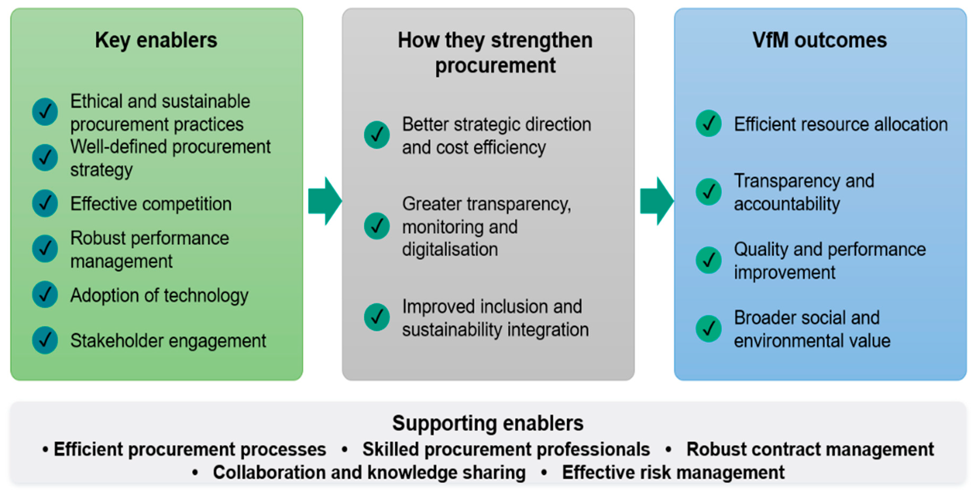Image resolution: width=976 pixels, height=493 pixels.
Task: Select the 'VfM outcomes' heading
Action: tap(820, 40)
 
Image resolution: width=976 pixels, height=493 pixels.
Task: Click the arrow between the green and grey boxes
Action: tap(325, 201)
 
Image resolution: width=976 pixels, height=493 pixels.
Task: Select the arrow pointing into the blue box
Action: tap(657, 201)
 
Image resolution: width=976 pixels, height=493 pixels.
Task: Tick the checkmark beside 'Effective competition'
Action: tap(45, 203)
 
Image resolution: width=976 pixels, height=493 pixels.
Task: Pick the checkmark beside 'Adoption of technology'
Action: tap(45, 294)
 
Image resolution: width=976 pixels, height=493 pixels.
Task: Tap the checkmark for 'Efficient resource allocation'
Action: tap(708, 124)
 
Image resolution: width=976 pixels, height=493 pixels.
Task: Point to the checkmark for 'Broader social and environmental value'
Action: tap(708, 329)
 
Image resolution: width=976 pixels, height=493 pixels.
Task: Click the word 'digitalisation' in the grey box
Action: tap(450, 250)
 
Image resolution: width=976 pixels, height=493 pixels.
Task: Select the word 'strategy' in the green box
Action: tap(102, 170)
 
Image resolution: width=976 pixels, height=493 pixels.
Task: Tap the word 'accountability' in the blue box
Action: tap(787, 204)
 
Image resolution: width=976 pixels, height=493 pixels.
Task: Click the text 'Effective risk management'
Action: tap(673, 472)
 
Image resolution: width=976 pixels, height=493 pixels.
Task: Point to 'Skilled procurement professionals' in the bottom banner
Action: tap(506, 449)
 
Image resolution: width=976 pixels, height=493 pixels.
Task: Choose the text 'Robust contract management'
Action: tap(810, 449)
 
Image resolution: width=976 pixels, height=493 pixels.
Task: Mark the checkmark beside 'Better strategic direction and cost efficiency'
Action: tap(377, 135)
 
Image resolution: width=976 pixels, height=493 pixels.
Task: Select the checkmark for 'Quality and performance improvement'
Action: tap(708, 260)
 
